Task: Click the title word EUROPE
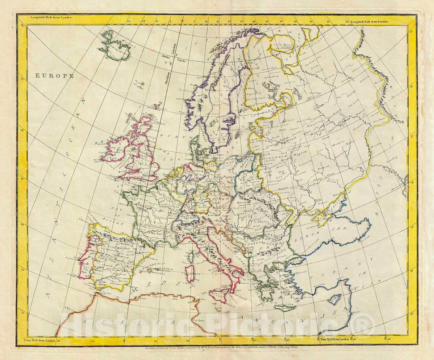(x=55, y=76)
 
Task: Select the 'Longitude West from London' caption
(x=51, y=17)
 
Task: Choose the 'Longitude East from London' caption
(x=368, y=22)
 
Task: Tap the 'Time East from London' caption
(x=335, y=339)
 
